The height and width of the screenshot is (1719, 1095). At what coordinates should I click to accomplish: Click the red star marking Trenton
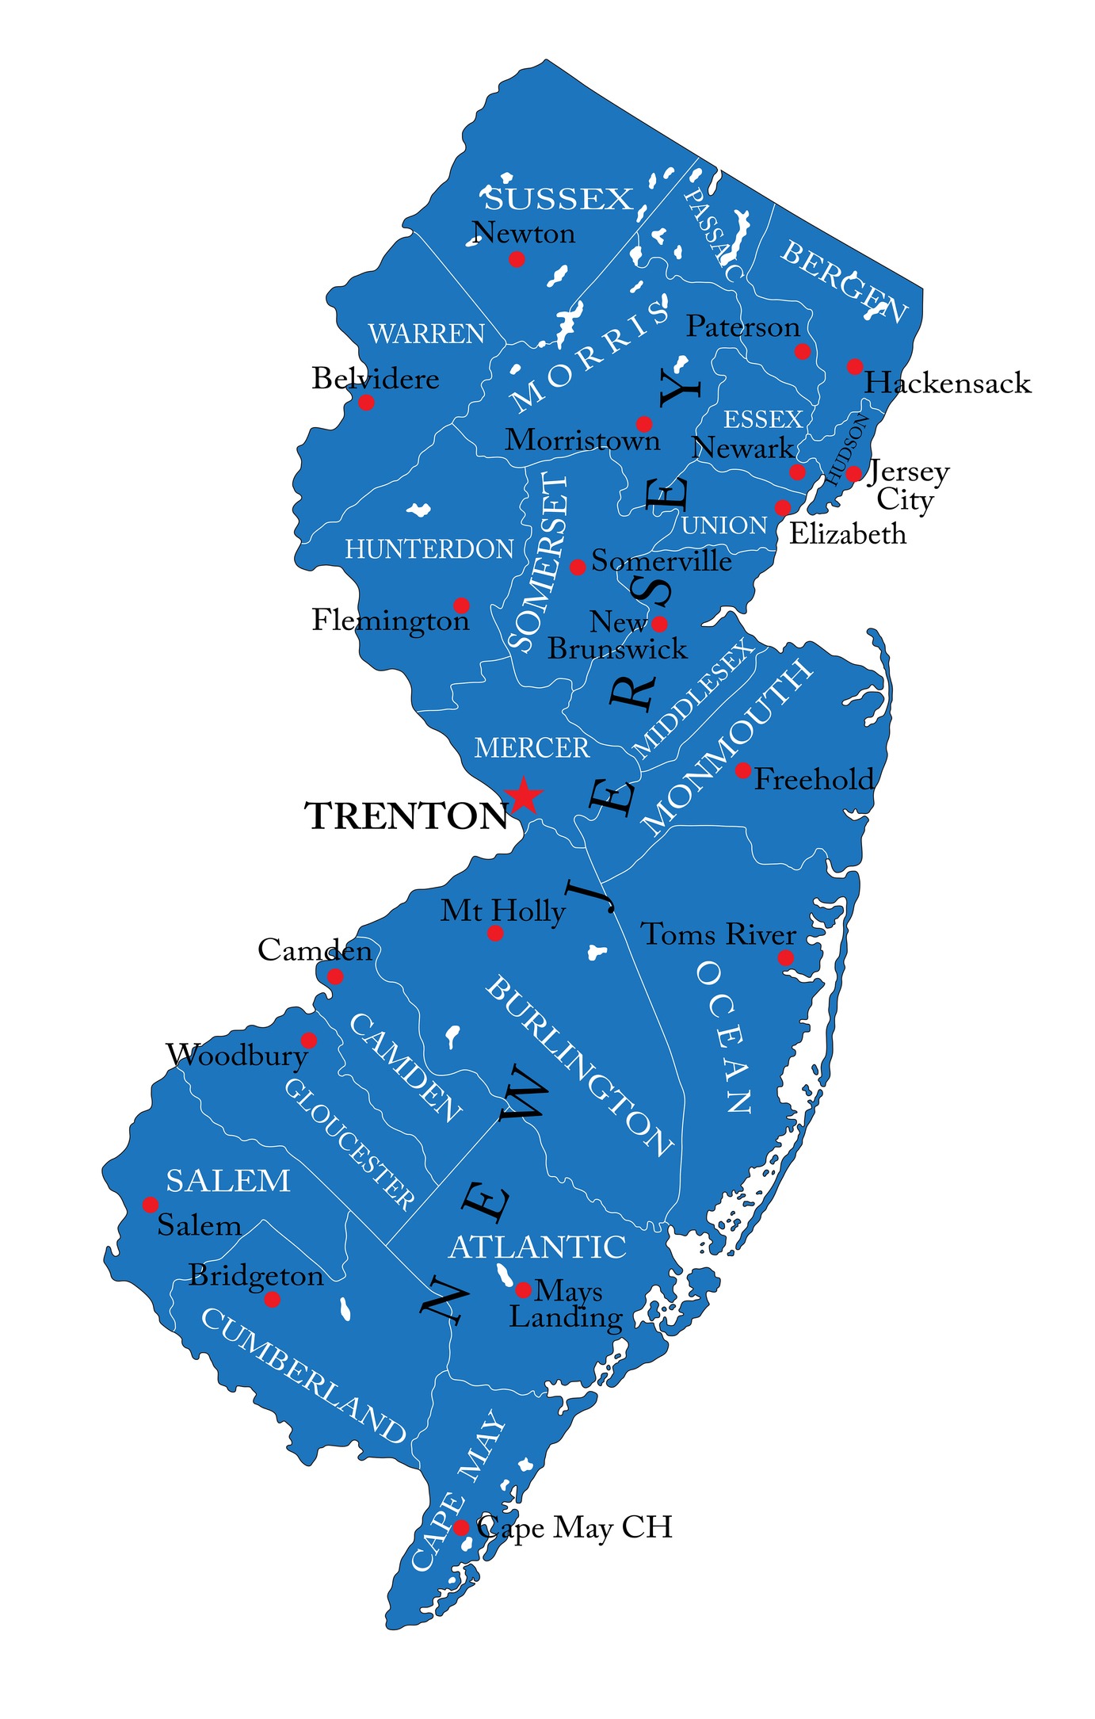524,796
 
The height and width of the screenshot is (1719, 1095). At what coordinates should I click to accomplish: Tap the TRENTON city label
406,816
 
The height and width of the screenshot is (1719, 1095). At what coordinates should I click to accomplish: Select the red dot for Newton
517,259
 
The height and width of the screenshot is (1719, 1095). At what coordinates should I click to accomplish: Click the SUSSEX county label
559,200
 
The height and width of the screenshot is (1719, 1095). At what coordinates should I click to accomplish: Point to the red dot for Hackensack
854,366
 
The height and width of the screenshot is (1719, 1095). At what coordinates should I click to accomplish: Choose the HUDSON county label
848,449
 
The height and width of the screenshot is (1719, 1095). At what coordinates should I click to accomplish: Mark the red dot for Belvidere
366,403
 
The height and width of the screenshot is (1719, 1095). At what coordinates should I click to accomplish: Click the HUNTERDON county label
429,549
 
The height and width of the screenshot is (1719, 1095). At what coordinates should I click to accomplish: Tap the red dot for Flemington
461,605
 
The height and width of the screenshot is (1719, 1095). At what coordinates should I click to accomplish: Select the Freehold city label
814,780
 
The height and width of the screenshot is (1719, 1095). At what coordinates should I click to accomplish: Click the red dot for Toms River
785,957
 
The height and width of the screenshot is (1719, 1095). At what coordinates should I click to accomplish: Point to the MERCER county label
532,748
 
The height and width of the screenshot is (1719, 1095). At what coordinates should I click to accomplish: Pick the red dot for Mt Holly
495,933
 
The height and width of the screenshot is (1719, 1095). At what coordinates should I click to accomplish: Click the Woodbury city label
236,1056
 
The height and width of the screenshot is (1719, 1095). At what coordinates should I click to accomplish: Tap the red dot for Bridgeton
272,1300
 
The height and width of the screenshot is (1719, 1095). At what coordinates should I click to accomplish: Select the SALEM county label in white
227,1182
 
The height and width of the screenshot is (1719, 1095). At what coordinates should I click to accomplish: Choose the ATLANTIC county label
537,1247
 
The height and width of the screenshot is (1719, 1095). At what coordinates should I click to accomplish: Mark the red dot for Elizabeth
783,507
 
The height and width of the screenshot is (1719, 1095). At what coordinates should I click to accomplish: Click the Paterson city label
742,327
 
